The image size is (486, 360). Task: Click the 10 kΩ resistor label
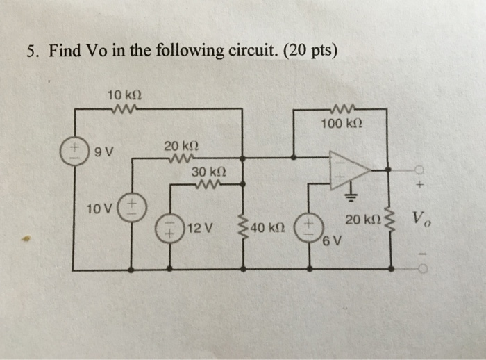[x=121, y=94]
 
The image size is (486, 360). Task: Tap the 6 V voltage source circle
[x=308, y=227]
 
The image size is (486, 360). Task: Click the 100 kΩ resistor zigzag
[x=342, y=109]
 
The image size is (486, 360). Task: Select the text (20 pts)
[x=311, y=51]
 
